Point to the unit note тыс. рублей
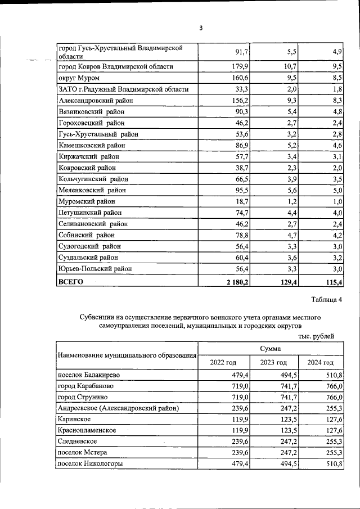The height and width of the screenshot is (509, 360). coord(316,336)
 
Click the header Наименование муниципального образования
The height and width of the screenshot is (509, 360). coord(127,355)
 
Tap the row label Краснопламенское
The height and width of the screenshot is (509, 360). coord(87,430)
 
